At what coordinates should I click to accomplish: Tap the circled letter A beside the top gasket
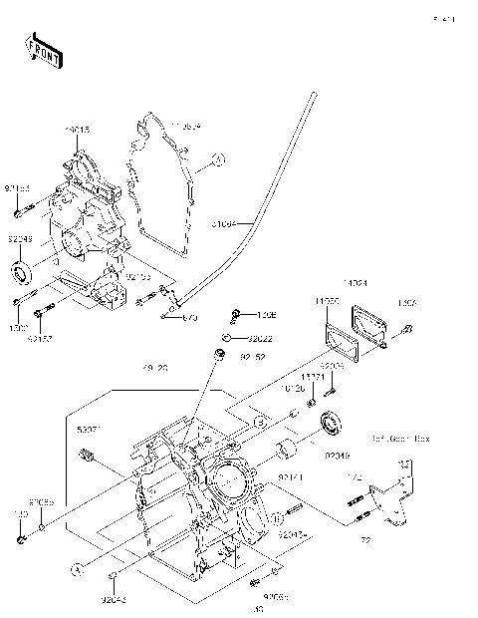click(218, 157)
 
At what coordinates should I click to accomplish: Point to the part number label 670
click(190, 318)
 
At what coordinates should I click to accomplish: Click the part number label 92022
click(261, 339)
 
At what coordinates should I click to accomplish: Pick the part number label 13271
click(314, 377)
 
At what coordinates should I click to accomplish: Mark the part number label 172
click(354, 478)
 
